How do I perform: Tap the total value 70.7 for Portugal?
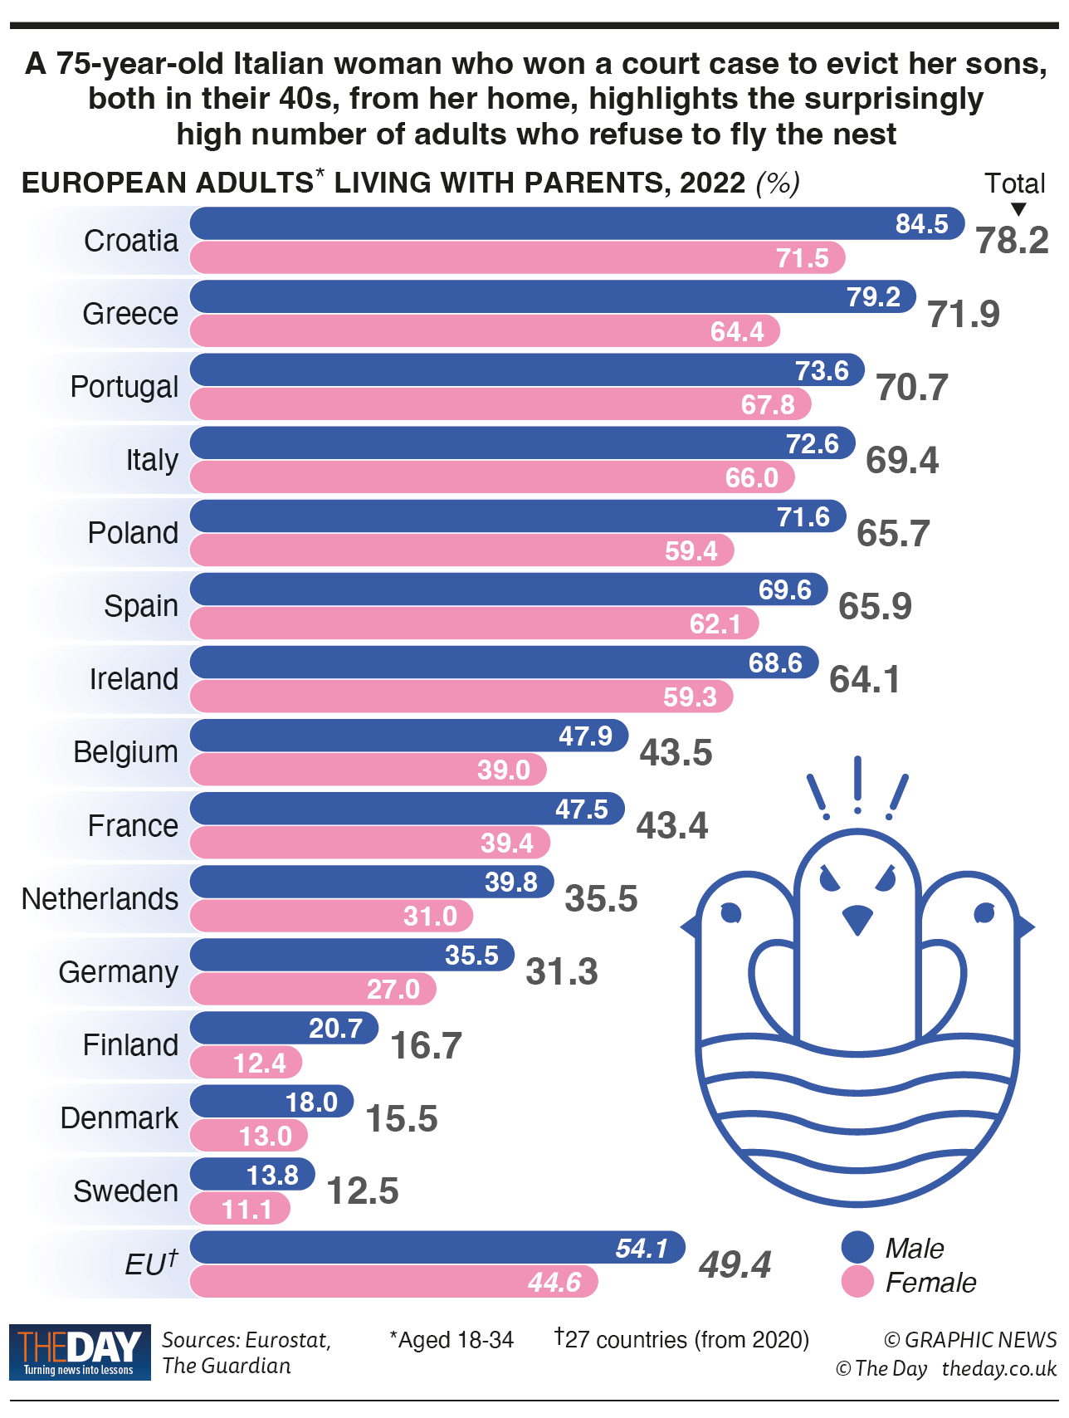pyautogui.click(x=912, y=388)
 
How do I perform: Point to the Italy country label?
pyautogui.click(x=152, y=460)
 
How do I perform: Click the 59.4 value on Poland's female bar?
pyautogui.click(x=691, y=550)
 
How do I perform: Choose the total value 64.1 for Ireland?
pyautogui.click(x=865, y=680)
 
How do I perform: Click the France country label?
pyautogui.click(x=133, y=826)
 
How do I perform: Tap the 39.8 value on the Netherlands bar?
pyautogui.click(x=511, y=882)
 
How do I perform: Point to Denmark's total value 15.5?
pyautogui.click(x=402, y=1119)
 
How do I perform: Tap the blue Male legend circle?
pyautogui.click(x=857, y=1247)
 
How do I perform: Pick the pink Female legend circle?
pyautogui.click(x=857, y=1282)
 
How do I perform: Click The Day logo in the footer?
pyautogui.click(x=80, y=1352)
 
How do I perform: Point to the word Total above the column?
pyautogui.click(x=1014, y=183)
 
